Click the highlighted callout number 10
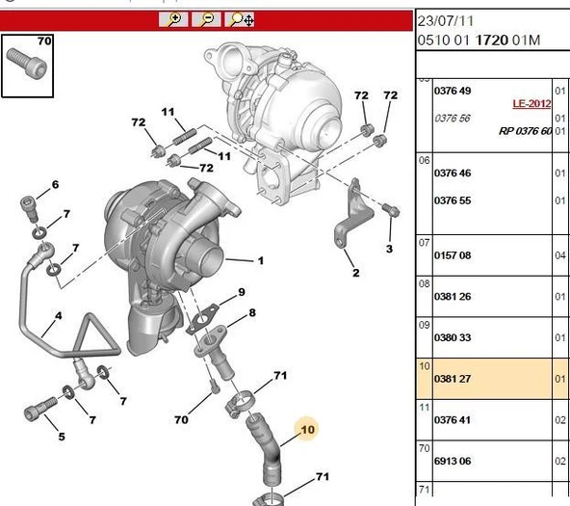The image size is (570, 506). (309, 428)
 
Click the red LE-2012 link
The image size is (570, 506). (531, 103)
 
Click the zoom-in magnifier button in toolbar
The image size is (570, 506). (173, 19)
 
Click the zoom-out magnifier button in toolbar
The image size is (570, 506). (206, 19)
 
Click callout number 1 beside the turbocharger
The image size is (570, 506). (259, 260)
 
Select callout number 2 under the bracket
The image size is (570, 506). (355, 273)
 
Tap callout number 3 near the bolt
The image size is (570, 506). (389, 249)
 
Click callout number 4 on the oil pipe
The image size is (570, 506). (58, 315)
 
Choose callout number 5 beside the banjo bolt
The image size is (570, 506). (62, 437)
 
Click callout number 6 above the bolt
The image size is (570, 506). (55, 185)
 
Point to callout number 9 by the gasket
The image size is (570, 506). (242, 292)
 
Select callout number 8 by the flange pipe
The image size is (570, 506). (252, 312)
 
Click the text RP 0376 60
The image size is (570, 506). (525, 131)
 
